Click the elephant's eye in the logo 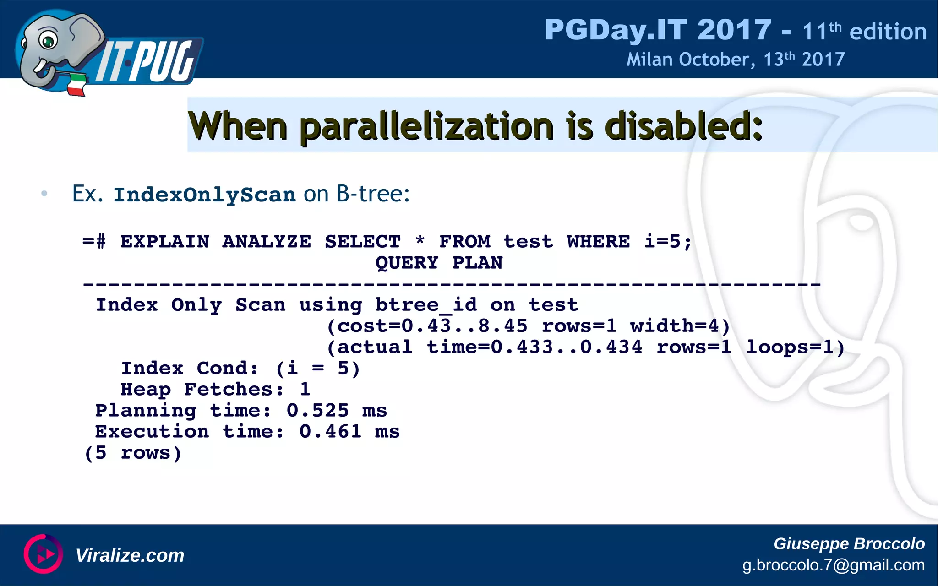point(47,41)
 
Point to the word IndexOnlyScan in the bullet point(205,195)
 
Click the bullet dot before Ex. point(44,194)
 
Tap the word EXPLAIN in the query point(165,241)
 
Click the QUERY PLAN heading point(439,263)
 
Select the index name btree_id point(426,305)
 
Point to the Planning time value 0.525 point(317,410)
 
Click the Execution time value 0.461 point(330,431)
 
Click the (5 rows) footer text point(133,453)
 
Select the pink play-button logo point(43,554)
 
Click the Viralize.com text point(130,555)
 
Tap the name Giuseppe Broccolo point(849,543)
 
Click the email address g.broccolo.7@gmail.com point(833,565)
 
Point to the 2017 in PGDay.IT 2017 point(734,30)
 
